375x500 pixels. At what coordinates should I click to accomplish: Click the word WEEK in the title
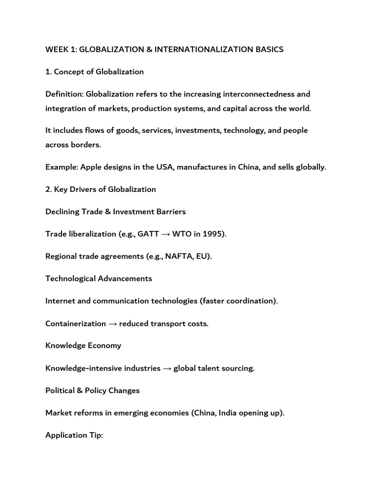[55, 50]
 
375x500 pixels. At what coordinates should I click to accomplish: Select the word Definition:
[64, 94]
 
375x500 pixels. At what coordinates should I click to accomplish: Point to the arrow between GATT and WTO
[166, 234]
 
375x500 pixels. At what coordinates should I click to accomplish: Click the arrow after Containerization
[112, 324]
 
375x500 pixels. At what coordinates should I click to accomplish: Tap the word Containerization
[76, 324]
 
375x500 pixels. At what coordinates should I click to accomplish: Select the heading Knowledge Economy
[83, 345]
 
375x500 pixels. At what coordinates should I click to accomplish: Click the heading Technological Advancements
[99, 278]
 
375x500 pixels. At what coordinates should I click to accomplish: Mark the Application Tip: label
[74, 435]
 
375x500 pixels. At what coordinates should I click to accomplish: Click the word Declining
[62, 211]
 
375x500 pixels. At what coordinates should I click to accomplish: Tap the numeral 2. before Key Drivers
[48, 189]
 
